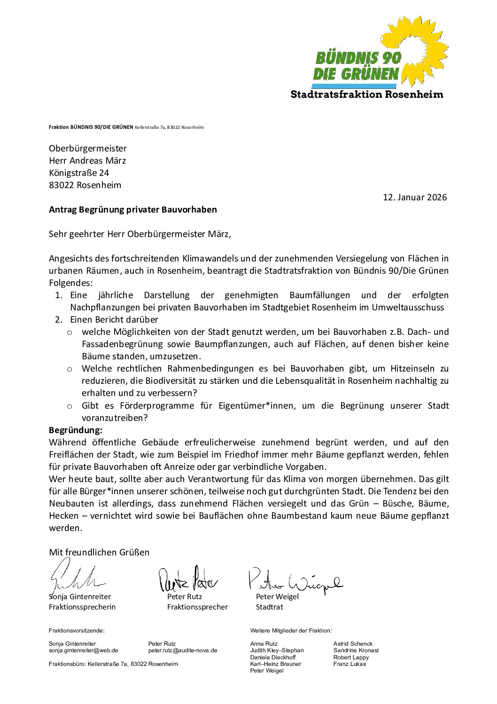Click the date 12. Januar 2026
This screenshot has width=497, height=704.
(415, 197)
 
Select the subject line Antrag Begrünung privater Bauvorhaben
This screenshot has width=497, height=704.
(132, 209)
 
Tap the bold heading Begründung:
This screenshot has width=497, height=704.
(75, 430)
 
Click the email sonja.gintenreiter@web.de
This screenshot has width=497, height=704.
(83, 650)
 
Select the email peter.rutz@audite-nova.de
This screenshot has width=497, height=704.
(183, 650)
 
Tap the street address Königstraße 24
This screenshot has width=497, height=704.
(79, 173)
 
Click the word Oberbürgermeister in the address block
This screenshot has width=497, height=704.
(87, 148)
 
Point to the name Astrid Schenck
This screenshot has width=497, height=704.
(353, 644)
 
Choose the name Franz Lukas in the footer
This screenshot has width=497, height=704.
(349, 664)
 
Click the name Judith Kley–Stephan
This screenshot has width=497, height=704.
(277, 650)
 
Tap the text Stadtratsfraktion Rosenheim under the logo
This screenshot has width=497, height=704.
(367, 95)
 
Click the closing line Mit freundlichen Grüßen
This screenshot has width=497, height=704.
(99, 552)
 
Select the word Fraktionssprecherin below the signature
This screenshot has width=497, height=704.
(82, 607)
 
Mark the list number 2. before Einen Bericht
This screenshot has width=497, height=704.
(58, 319)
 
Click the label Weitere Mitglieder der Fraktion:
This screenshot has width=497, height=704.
(291, 631)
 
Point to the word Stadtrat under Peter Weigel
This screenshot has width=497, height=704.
(269, 607)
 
